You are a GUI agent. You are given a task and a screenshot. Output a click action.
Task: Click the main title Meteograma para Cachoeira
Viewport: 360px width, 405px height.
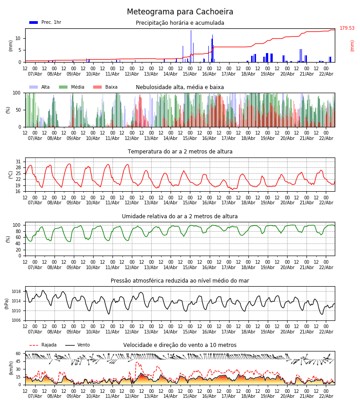[x=180, y=12]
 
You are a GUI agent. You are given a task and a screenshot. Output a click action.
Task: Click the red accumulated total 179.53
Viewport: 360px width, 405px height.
[x=347, y=28]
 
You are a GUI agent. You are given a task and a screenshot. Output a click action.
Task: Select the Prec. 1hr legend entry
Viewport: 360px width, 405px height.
[x=45, y=22]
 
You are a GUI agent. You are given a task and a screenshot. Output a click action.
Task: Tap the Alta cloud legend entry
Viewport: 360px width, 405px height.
[x=40, y=87]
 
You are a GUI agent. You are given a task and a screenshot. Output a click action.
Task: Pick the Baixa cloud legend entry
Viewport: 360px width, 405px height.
[x=105, y=87]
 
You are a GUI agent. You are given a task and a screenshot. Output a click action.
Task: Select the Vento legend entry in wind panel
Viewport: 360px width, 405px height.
[x=77, y=345]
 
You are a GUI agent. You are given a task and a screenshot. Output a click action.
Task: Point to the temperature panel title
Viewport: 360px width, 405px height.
[x=180, y=152]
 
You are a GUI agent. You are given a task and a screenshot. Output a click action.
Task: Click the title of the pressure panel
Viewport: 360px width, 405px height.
[x=180, y=281]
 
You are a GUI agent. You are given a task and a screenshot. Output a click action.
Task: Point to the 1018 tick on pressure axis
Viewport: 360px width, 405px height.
[x=16, y=292]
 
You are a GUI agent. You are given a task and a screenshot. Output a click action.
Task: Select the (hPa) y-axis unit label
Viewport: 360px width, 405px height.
[x=7, y=303]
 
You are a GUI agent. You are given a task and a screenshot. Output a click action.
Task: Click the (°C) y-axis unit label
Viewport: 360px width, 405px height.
[x=11, y=174]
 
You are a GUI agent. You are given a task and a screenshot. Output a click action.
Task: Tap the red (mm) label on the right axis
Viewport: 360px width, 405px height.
[x=352, y=45]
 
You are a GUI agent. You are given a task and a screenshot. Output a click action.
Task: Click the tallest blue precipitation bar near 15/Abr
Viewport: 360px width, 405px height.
[x=191, y=45]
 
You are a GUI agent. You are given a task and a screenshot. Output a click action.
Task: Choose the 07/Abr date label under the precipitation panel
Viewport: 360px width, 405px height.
[x=35, y=74]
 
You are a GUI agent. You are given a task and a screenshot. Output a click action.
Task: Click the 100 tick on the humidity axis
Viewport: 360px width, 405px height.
[x=17, y=225]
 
